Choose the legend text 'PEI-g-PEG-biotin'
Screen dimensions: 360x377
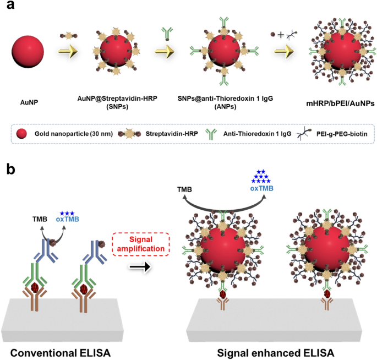click(x=339, y=134)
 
